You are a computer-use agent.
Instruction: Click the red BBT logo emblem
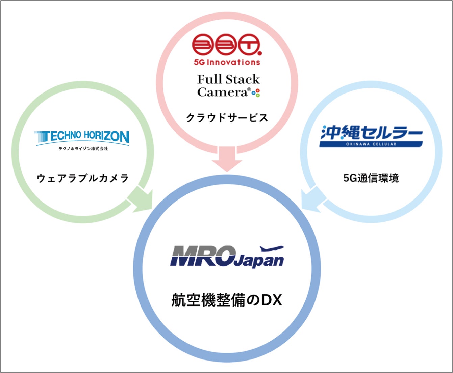226,46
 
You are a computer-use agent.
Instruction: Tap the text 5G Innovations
227,62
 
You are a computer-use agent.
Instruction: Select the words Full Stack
228,80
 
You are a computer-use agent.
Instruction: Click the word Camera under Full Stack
222,92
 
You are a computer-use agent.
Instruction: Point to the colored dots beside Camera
256,93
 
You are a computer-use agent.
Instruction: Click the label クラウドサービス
227,118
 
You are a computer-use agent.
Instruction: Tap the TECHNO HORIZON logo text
82,137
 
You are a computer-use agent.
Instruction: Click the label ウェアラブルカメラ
83,178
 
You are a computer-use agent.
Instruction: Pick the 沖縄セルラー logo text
371,133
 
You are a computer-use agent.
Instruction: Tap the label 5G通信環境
371,178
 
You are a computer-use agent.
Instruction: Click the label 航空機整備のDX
227,300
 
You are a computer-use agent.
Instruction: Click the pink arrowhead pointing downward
227,164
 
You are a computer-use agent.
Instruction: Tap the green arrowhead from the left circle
142,201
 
